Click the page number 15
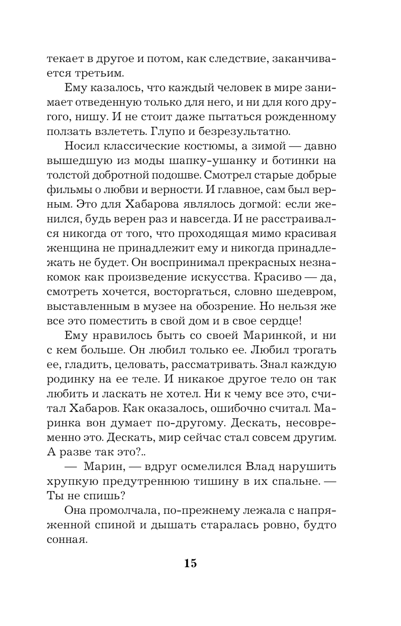coord(190,563)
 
